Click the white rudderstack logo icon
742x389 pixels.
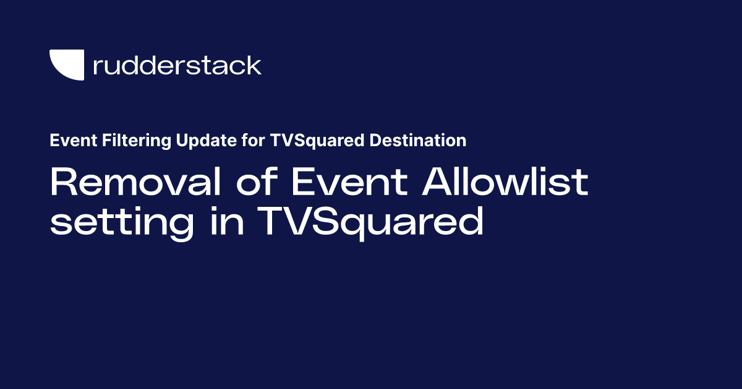point(66,64)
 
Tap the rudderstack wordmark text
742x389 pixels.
point(177,65)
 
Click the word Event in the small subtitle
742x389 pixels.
point(69,141)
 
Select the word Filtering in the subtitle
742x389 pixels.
point(122,141)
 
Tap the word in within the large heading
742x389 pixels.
point(226,222)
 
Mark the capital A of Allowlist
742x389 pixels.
point(433,182)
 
